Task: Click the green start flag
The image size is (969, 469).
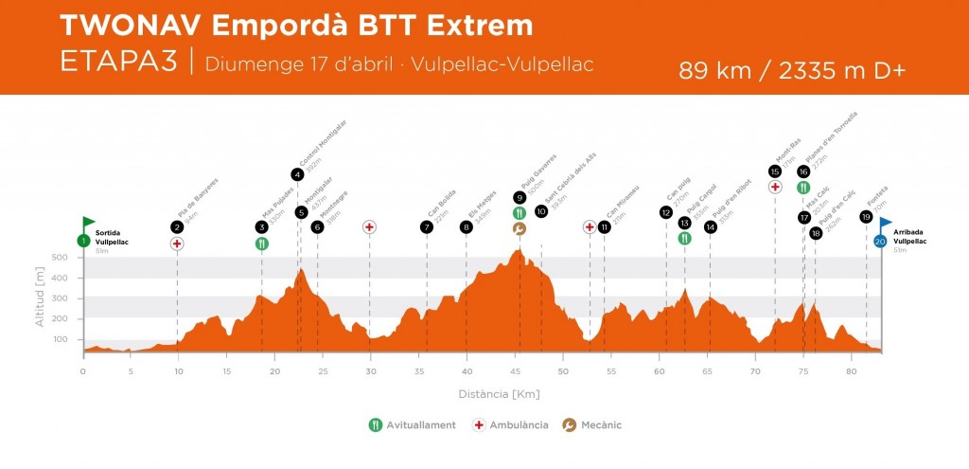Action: [x=89, y=223]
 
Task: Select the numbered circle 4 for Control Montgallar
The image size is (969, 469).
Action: [x=297, y=174]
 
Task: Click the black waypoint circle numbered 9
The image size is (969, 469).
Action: [x=520, y=198]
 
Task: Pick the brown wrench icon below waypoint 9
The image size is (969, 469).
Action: [x=520, y=228]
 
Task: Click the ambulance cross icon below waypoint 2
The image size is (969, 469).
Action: [x=177, y=244]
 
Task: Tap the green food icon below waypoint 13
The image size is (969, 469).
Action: [x=684, y=238]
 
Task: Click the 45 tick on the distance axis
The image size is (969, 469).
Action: [x=516, y=371]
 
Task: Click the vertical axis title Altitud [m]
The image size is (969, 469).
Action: [x=41, y=297]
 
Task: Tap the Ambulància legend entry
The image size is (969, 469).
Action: [x=511, y=425]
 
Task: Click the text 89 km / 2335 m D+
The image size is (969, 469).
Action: [x=792, y=71]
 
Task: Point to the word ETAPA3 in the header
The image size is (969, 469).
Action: [x=117, y=61]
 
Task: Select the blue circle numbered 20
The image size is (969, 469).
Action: [x=880, y=242]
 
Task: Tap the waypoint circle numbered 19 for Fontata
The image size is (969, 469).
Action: [x=866, y=217]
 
